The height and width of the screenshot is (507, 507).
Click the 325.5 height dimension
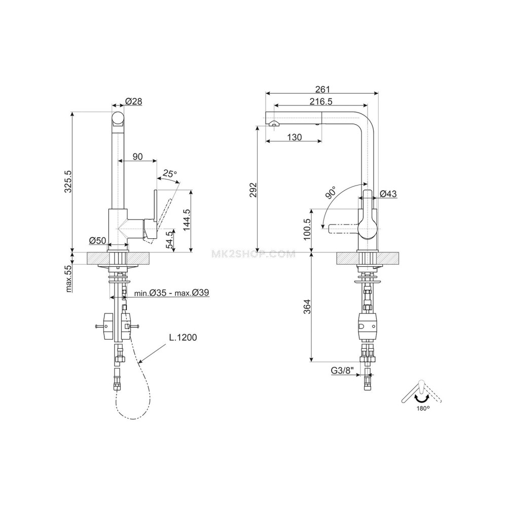point(68,182)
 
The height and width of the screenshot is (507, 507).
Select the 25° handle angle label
point(170,173)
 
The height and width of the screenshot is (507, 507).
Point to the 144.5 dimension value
point(187,220)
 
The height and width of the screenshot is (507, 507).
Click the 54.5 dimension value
point(169,240)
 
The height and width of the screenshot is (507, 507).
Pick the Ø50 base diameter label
point(98,240)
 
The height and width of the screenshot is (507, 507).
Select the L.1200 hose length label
point(183,338)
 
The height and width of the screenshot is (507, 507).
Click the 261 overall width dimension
point(322,89)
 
